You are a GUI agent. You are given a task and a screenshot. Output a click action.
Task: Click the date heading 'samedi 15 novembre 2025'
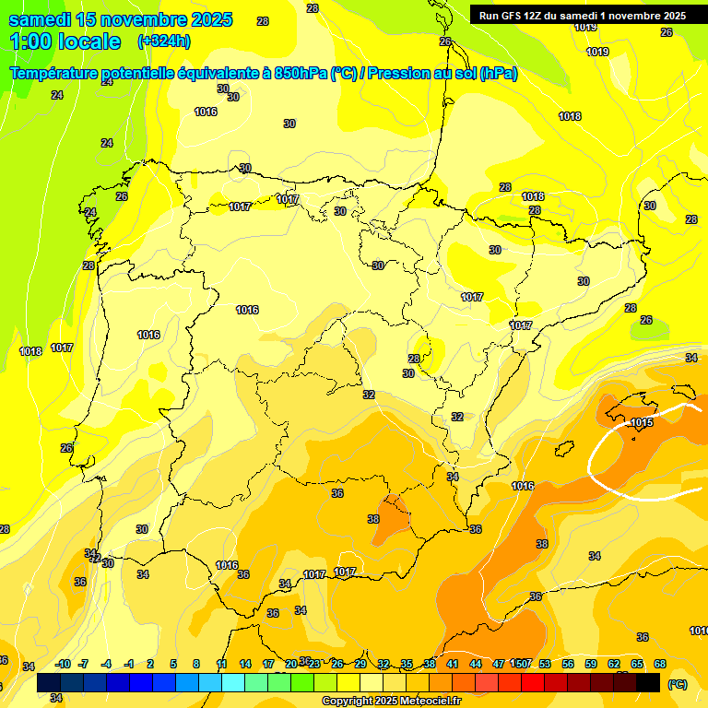(120, 19)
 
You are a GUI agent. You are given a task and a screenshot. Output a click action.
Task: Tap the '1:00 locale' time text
(65, 41)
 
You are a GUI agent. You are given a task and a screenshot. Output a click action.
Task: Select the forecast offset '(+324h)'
(164, 41)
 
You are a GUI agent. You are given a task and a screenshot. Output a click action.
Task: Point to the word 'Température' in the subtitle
(54, 74)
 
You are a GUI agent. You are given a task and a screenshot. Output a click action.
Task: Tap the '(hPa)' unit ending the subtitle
(499, 74)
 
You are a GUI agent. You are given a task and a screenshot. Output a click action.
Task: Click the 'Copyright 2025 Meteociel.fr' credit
(391, 702)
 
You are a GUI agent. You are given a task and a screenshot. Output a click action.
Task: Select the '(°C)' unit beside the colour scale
(677, 684)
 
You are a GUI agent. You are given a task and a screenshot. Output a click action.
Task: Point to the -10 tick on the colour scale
(63, 664)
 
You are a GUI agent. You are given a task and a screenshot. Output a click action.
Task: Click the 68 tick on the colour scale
(660, 664)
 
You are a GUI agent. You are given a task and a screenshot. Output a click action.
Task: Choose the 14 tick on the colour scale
(245, 664)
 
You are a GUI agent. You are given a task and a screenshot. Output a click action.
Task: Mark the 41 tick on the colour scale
(453, 664)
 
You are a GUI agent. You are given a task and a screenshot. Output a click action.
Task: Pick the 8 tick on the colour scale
(196, 664)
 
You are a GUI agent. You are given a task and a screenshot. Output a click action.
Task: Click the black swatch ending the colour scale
(648, 683)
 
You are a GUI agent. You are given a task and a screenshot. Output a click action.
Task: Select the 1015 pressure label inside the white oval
(643, 422)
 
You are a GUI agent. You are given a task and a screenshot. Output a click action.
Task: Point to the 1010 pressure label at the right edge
(699, 631)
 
